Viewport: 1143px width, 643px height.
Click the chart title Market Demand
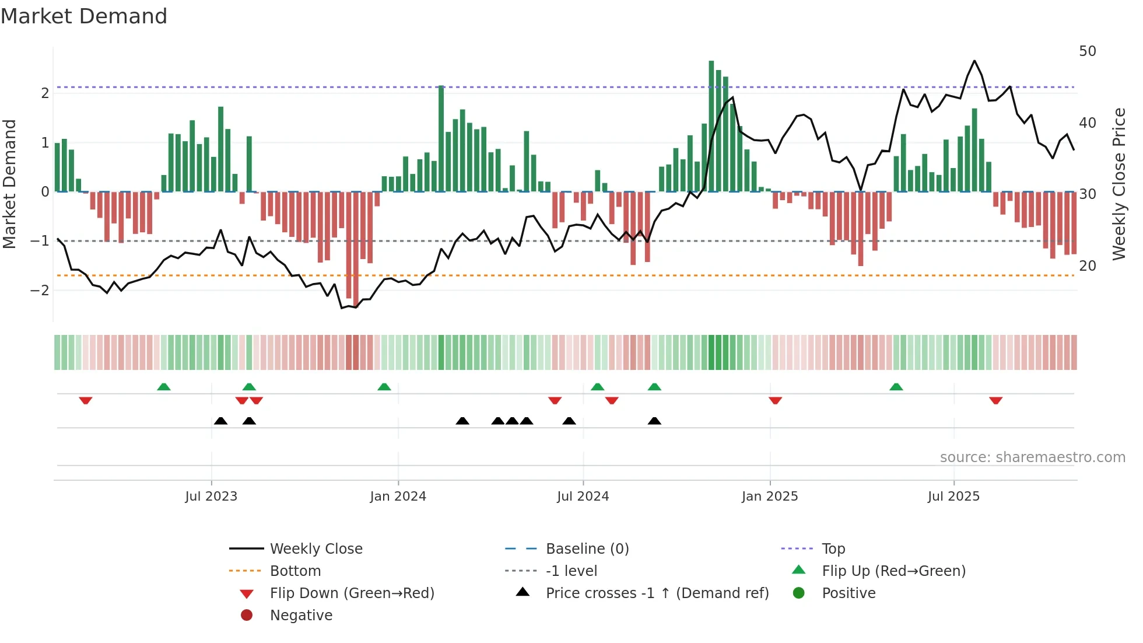point(84,16)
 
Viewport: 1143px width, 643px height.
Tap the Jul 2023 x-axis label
point(211,497)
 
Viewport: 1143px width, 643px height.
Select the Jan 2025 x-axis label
point(770,497)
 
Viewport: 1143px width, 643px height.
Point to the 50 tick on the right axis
point(1088,51)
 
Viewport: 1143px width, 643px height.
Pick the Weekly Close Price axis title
point(1119,184)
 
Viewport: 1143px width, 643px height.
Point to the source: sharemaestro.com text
point(1032,457)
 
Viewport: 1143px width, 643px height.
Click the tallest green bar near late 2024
point(711,125)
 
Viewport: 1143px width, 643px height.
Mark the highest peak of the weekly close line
point(974,61)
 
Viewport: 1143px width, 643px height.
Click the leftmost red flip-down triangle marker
point(86,400)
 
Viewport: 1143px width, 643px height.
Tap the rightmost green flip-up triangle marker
point(896,387)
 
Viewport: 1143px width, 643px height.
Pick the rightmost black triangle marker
point(654,421)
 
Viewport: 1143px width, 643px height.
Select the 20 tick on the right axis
point(1088,266)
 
